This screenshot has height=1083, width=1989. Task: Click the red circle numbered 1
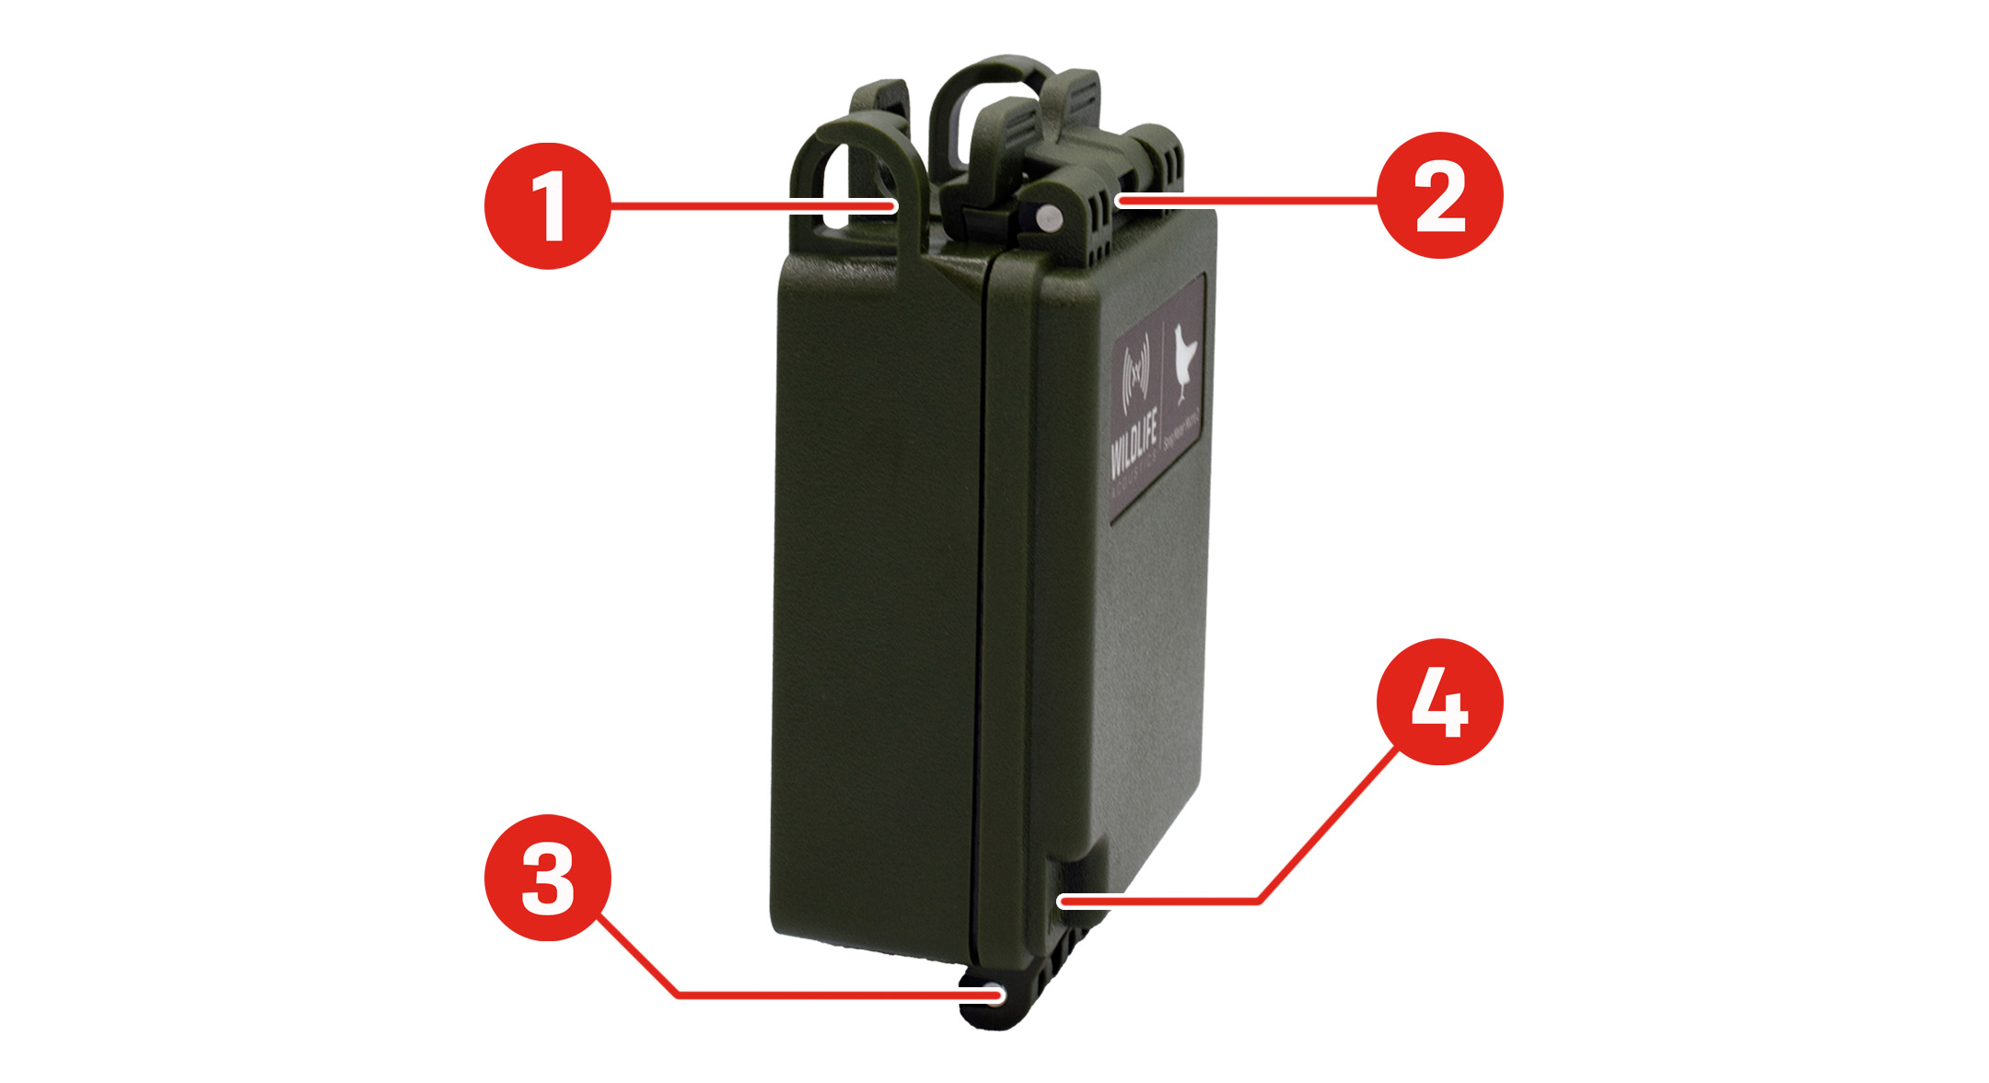point(548,206)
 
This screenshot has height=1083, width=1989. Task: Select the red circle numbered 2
point(1439,195)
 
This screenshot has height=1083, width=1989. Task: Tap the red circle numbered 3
point(548,877)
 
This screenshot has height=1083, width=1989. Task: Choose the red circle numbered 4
point(1439,702)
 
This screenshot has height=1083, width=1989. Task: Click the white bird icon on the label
point(1186,361)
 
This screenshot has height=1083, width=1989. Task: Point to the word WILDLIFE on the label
point(1134,448)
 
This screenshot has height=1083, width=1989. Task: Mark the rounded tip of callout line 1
point(891,206)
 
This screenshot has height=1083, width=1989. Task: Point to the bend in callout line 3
point(678,995)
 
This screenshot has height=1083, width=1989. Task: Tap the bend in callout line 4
point(1259,901)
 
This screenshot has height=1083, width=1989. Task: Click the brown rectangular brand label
point(1158,396)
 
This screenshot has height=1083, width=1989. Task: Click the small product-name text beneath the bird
point(1181,431)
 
